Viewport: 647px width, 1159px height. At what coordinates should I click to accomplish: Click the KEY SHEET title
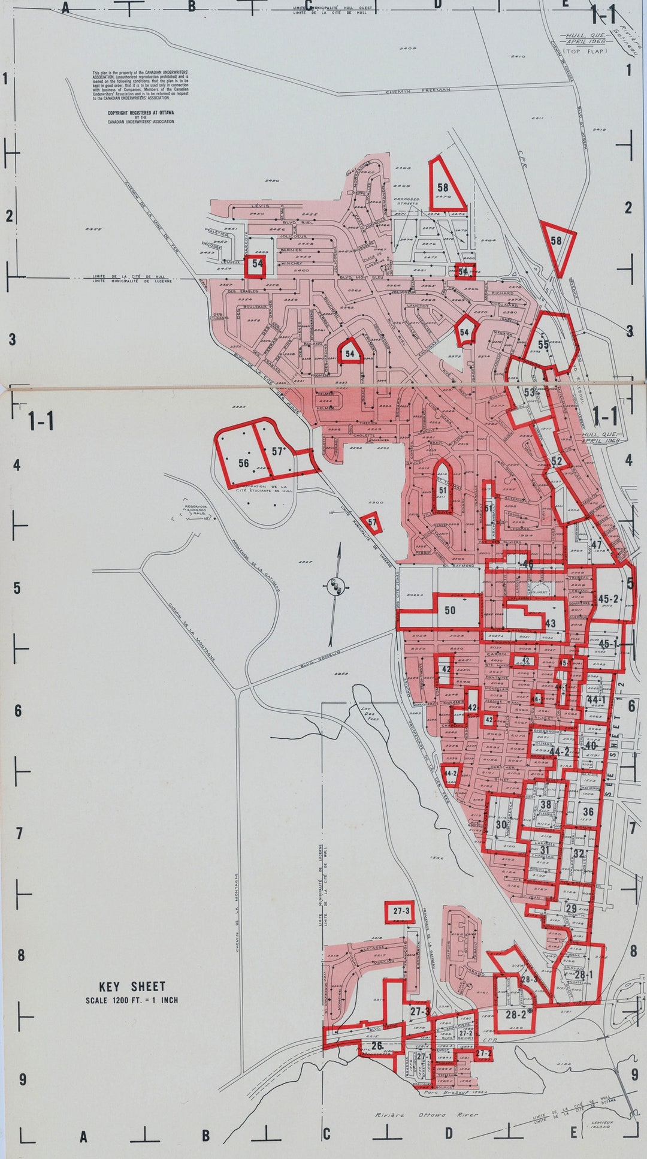pos(132,986)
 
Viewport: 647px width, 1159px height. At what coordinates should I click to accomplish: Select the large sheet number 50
pos(450,611)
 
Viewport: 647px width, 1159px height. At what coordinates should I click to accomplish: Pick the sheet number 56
pos(243,463)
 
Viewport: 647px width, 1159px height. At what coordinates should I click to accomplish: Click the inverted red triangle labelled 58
pos(557,241)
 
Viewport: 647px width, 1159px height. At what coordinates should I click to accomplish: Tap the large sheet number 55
pos(543,345)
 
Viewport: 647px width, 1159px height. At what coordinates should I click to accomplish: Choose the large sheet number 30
pos(501,824)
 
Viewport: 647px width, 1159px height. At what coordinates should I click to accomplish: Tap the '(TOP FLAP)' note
pos(585,52)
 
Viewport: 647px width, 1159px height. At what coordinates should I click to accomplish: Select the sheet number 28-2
pos(516,1015)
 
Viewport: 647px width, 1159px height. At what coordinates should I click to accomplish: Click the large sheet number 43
pos(551,623)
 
